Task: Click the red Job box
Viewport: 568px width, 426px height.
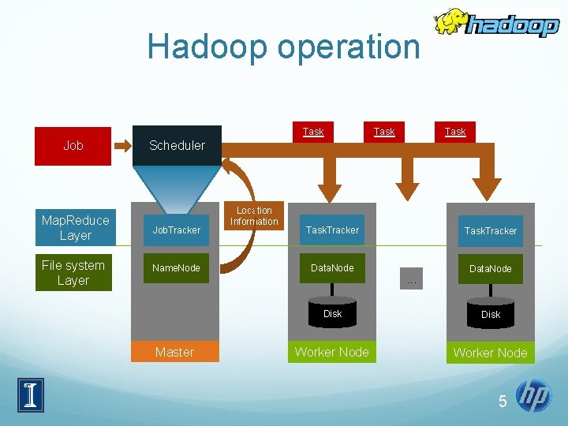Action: point(73,145)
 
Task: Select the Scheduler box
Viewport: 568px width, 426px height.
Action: point(177,145)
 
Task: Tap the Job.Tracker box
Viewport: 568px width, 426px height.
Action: point(176,230)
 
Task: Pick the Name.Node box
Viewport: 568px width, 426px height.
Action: point(176,268)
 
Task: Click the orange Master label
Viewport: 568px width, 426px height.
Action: point(174,352)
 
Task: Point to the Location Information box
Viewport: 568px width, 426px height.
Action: point(254,216)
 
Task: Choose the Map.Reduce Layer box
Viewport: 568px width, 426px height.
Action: point(75,227)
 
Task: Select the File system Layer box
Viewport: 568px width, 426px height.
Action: point(73,273)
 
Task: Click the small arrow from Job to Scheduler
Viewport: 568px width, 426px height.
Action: point(123,145)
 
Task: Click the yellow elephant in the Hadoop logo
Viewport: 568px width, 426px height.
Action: point(450,23)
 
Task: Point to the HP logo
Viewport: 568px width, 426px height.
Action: point(534,396)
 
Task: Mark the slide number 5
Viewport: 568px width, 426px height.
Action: point(503,402)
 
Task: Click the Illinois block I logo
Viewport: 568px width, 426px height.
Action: point(31,394)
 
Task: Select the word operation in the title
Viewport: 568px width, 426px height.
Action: point(341,47)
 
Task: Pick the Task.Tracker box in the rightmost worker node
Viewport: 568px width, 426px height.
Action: point(490,230)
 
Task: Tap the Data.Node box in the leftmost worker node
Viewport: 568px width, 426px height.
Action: point(332,268)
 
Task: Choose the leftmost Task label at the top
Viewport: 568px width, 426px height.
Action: point(313,132)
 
